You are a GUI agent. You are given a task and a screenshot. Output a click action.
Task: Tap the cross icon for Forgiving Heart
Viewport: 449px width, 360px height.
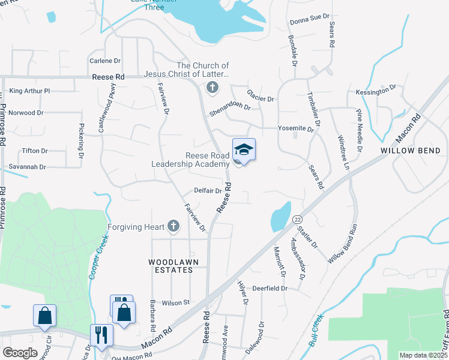pos(173,226)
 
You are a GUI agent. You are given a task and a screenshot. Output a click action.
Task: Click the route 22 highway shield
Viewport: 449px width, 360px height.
pos(298,221)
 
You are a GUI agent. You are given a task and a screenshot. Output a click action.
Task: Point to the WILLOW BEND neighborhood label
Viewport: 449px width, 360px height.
pos(406,151)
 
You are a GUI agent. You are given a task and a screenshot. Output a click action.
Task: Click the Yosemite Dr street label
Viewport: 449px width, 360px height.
pos(296,129)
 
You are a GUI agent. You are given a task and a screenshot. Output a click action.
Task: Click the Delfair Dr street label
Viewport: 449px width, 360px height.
pos(208,191)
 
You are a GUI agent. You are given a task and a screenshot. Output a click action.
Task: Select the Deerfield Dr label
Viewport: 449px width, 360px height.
pos(270,289)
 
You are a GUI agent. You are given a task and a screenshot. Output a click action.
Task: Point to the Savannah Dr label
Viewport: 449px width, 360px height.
pos(27,167)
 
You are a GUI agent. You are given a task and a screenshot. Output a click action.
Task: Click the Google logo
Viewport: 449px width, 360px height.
pos(20,353)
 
